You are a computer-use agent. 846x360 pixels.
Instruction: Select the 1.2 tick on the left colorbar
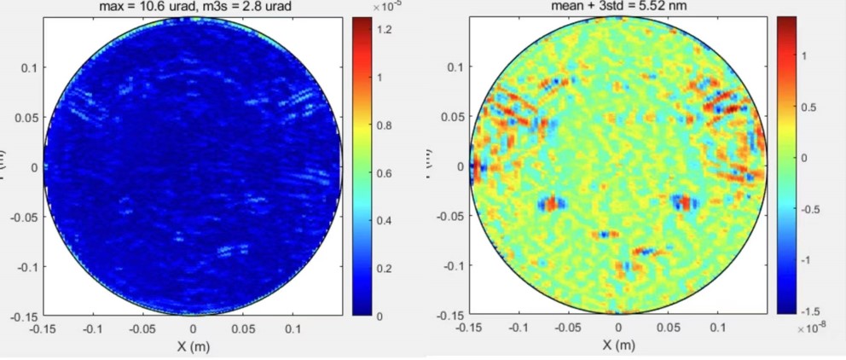[385, 30]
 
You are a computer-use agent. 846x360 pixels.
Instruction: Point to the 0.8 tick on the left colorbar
[385, 125]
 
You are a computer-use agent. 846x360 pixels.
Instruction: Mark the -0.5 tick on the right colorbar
[811, 207]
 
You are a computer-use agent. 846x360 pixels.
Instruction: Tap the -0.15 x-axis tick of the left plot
[43, 328]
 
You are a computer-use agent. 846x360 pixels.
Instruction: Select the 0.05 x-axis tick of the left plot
[243, 328]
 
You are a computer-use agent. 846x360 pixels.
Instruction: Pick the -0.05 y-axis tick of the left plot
[21, 217]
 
